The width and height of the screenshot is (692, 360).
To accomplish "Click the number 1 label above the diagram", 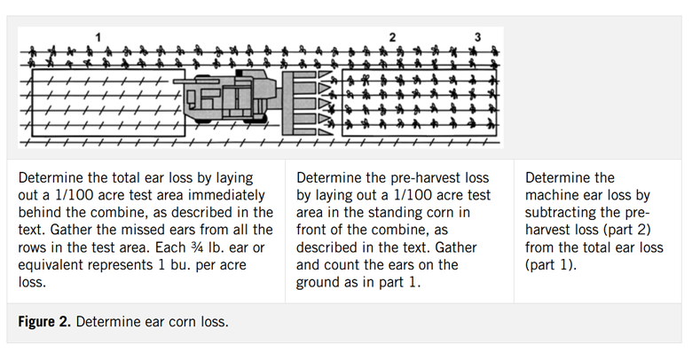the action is point(98,37).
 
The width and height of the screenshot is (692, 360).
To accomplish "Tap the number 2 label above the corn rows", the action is point(392,37).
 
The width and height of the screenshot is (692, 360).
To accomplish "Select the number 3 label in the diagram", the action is point(477,37).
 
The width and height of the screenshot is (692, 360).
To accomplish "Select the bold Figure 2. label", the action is point(44,322).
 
